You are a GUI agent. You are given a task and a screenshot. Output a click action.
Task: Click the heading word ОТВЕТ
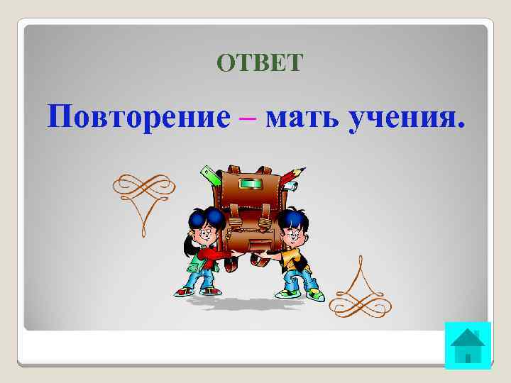click(x=260, y=64)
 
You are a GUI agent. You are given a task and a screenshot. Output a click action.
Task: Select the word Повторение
click(x=139, y=115)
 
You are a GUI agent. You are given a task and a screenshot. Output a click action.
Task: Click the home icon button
click(x=468, y=345)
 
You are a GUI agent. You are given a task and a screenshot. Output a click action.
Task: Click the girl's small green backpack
click(x=193, y=263)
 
